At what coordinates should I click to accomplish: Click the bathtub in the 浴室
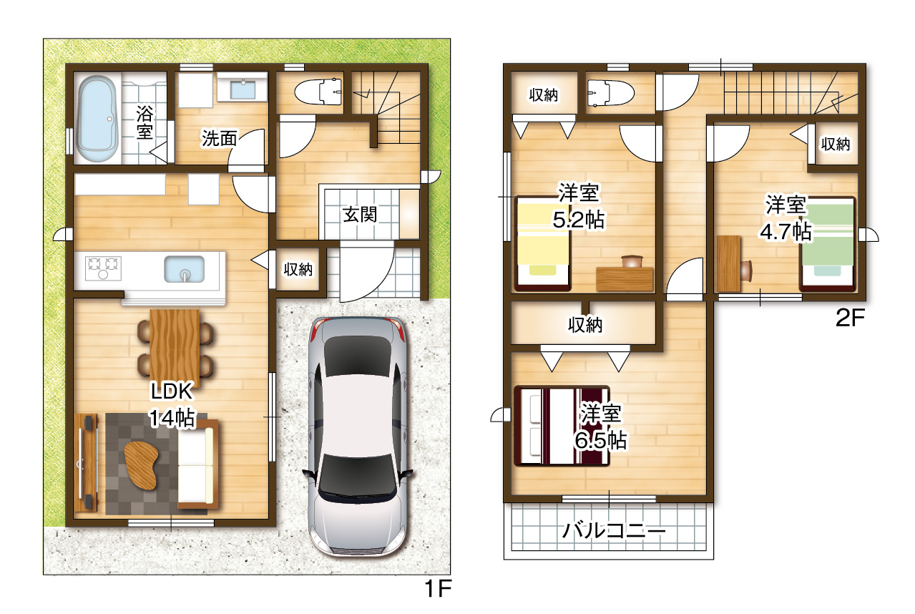pyautogui.click(x=97, y=119)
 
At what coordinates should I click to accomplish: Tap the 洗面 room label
pyautogui.click(x=220, y=138)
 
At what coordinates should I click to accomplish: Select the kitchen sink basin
pyautogui.click(x=185, y=269)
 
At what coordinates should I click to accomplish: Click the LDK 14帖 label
pyautogui.click(x=172, y=404)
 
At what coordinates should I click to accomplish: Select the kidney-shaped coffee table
pyautogui.click(x=141, y=465)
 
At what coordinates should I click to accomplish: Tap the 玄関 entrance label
pyautogui.click(x=359, y=215)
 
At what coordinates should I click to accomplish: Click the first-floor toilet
pyautogui.click(x=318, y=92)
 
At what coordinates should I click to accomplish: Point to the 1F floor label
pyautogui.click(x=439, y=589)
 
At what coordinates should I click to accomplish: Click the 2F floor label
pyautogui.click(x=851, y=318)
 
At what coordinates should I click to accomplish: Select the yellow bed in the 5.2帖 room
pyautogui.click(x=542, y=243)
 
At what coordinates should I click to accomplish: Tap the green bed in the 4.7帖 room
pyautogui.click(x=828, y=244)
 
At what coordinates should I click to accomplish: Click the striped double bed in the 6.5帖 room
pyautogui.click(x=562, y=426)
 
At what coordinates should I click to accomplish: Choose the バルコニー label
pyautogui.click(x=614, y=530)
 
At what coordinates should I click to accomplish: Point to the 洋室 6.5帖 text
pyautogui.click(x=601, y=427)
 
